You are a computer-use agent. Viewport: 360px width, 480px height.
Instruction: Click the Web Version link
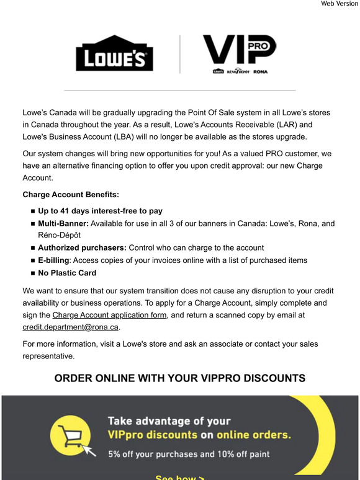point(338,4)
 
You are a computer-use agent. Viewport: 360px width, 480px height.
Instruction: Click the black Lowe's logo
point(114,57)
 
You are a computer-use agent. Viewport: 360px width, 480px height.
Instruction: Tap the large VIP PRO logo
point(239,50)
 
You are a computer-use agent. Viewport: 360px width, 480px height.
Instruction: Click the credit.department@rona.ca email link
point(70,327)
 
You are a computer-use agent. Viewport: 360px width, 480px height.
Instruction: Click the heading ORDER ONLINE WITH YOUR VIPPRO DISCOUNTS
point(180,378)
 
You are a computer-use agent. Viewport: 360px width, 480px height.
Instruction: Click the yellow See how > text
point(179,478)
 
